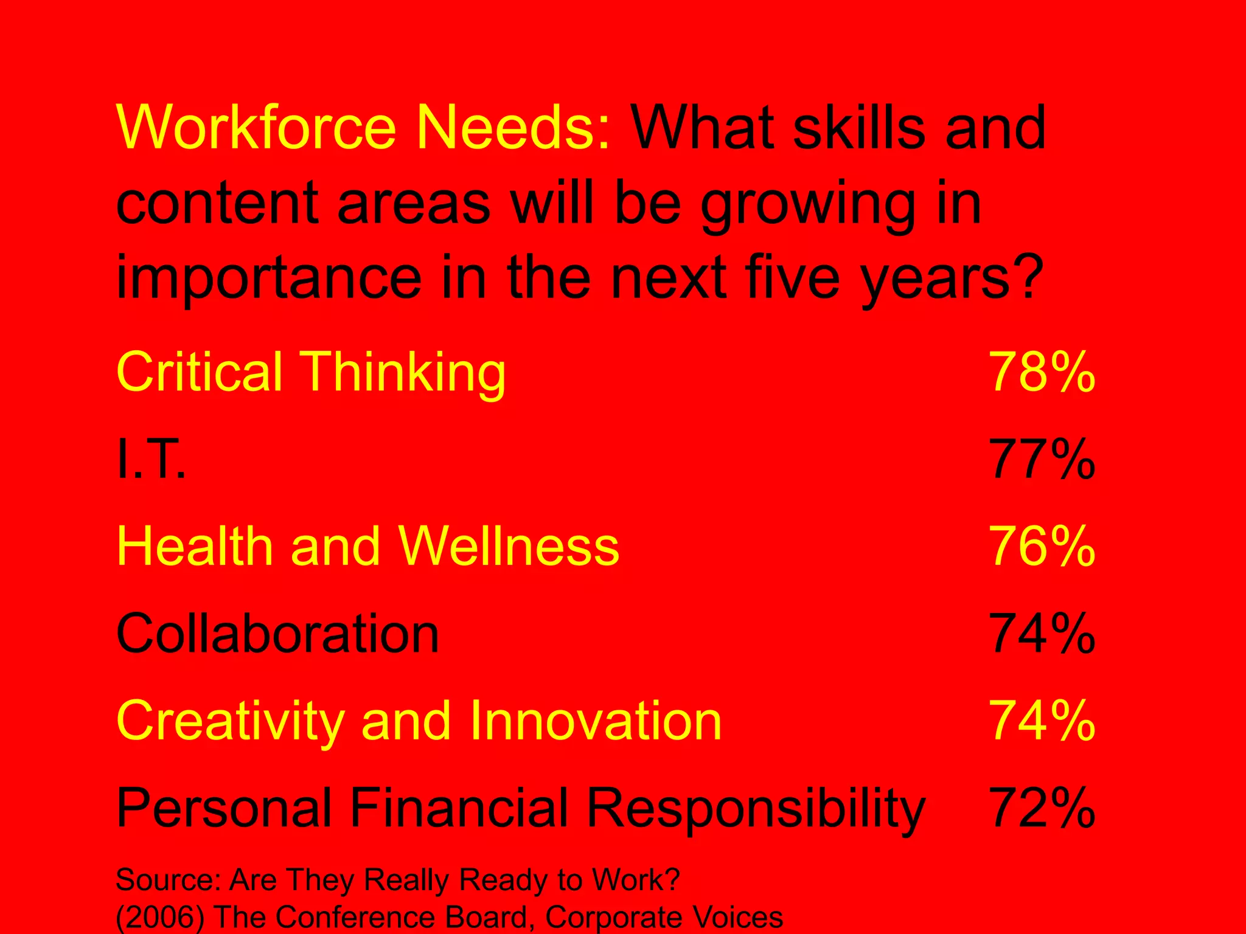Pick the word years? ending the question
tap(952, 280)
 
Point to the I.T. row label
tap(151, 459)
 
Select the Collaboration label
tap(277, 634)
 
